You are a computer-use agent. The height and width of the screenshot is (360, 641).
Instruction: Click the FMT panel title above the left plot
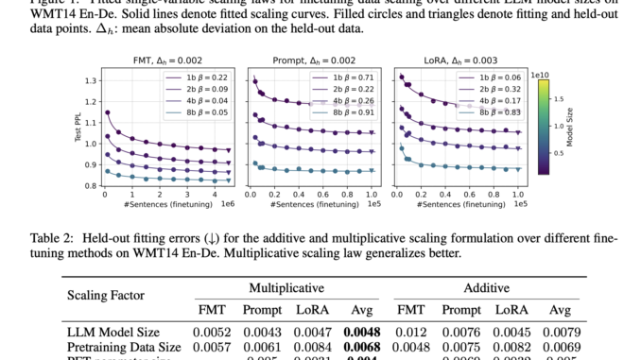pos(169,60)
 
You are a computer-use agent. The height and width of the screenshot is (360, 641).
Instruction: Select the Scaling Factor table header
pos(106,296)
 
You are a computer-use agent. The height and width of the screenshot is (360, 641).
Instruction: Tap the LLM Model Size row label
pos(113,332)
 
